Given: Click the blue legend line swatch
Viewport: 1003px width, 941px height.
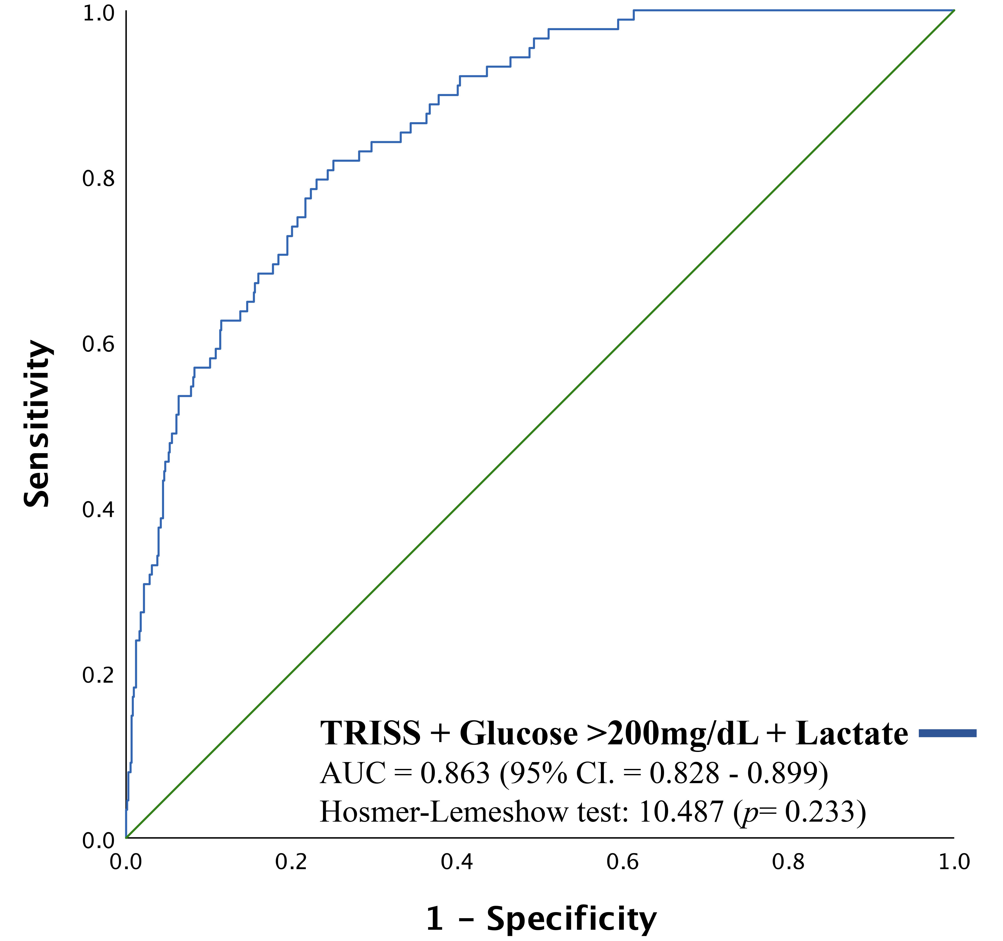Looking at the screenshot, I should point(947,733).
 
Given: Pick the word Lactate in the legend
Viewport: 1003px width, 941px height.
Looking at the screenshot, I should point(852,733).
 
